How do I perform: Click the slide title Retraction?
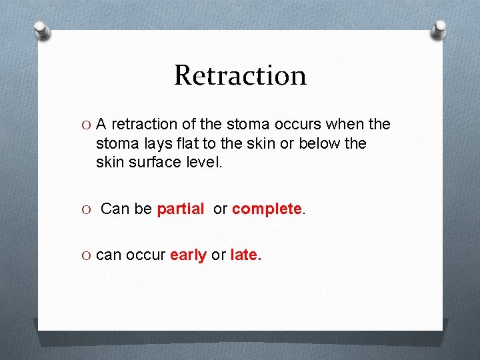pyautogui.click(x=240, y=75)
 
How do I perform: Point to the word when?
pyautogui.click(x=345, y=125)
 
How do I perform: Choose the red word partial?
pyautogui.click(x=180, y=209)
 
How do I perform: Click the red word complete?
pyautogui.click(x=267, y=209)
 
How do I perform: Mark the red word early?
pyautogui.click(x=188, y=255)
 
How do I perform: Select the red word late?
pyautogui.click(x=245, y=255)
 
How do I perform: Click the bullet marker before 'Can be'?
pyautogui.click(x=87, y=209)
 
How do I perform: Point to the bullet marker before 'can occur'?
pyautogui.click(x=87, y=255)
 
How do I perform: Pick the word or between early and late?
pyautogui.click(x=218, y=255)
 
